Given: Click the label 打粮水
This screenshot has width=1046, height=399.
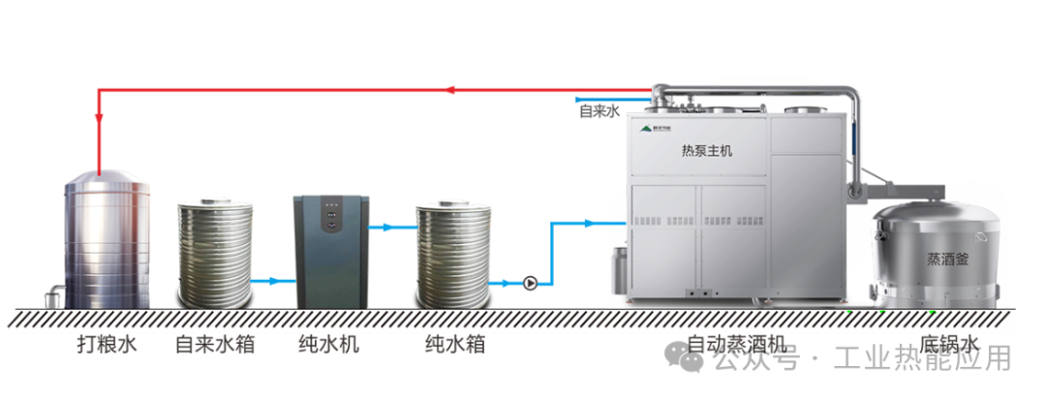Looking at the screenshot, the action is pos(108,345).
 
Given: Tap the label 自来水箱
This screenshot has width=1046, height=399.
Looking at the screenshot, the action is pos(215,345).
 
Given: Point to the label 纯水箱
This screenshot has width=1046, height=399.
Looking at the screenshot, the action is pos(455,345).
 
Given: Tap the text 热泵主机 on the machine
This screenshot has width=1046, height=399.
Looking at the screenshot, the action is pos(707,151).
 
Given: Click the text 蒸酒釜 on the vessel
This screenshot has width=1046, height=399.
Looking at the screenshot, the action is pos(946,260).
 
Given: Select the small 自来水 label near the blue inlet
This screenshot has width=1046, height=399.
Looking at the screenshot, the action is pos(599,112).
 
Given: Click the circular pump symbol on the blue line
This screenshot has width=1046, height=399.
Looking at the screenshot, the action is pos(530,284).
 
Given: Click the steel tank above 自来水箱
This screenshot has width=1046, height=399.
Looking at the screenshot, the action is pos(215,252).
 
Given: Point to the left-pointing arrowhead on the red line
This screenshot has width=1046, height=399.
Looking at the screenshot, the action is pos(450,91).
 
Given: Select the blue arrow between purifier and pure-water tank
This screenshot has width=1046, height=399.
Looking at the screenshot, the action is pos(386,229).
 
